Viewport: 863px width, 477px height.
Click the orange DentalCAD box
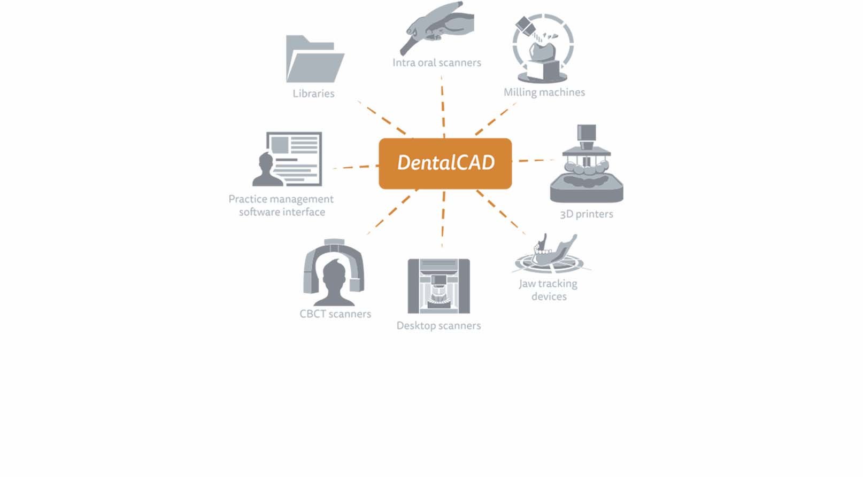[x=445, y=163]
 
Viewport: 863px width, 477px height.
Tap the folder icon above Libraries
[x=314, y=59]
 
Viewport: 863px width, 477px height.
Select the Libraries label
[x=313, y=93]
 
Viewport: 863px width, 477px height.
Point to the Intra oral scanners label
[x=436, y=62]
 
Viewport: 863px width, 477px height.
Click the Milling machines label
[x=544, y=92]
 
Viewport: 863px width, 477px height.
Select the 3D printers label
[x=586, y=214]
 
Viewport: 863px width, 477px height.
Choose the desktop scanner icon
[x=438, y=286]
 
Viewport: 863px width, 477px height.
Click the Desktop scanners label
[x=438, y=325]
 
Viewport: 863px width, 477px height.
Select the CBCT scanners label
[x=335, y=314]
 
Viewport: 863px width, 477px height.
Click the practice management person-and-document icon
[x=288, y=159]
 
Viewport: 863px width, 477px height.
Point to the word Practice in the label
[x=248, y=199]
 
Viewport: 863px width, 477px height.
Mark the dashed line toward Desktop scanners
[x=443, y=219]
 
